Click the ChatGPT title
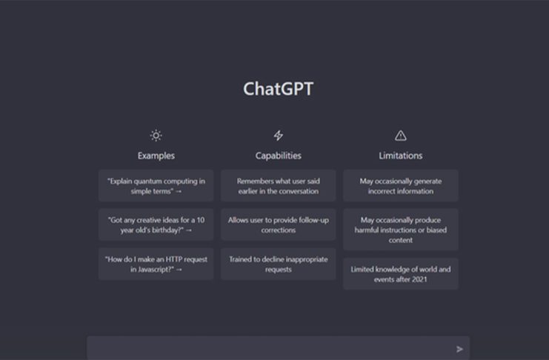tap(278, 89)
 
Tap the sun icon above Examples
tap(156, 135)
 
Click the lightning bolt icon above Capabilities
tap(279, 135)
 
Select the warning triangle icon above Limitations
tap(401, 136)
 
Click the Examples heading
tap(156, 156)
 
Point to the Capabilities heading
tap(279, 156)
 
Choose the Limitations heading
tap(401, 156)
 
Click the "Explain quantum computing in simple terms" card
tap(156, 186)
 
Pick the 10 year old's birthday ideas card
tap(156, 225)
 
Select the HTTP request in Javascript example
tap(156, 264)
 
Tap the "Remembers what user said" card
tap(279, 186)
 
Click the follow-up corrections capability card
tap(279, 225)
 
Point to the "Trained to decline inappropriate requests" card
tap(279, 264)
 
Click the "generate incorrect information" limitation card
tap(401, 186)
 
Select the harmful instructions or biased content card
tap(401, 230)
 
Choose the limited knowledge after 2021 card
tap(401, 274)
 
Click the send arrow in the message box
tap(459, 349)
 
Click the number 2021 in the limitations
tap(419, 279)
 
